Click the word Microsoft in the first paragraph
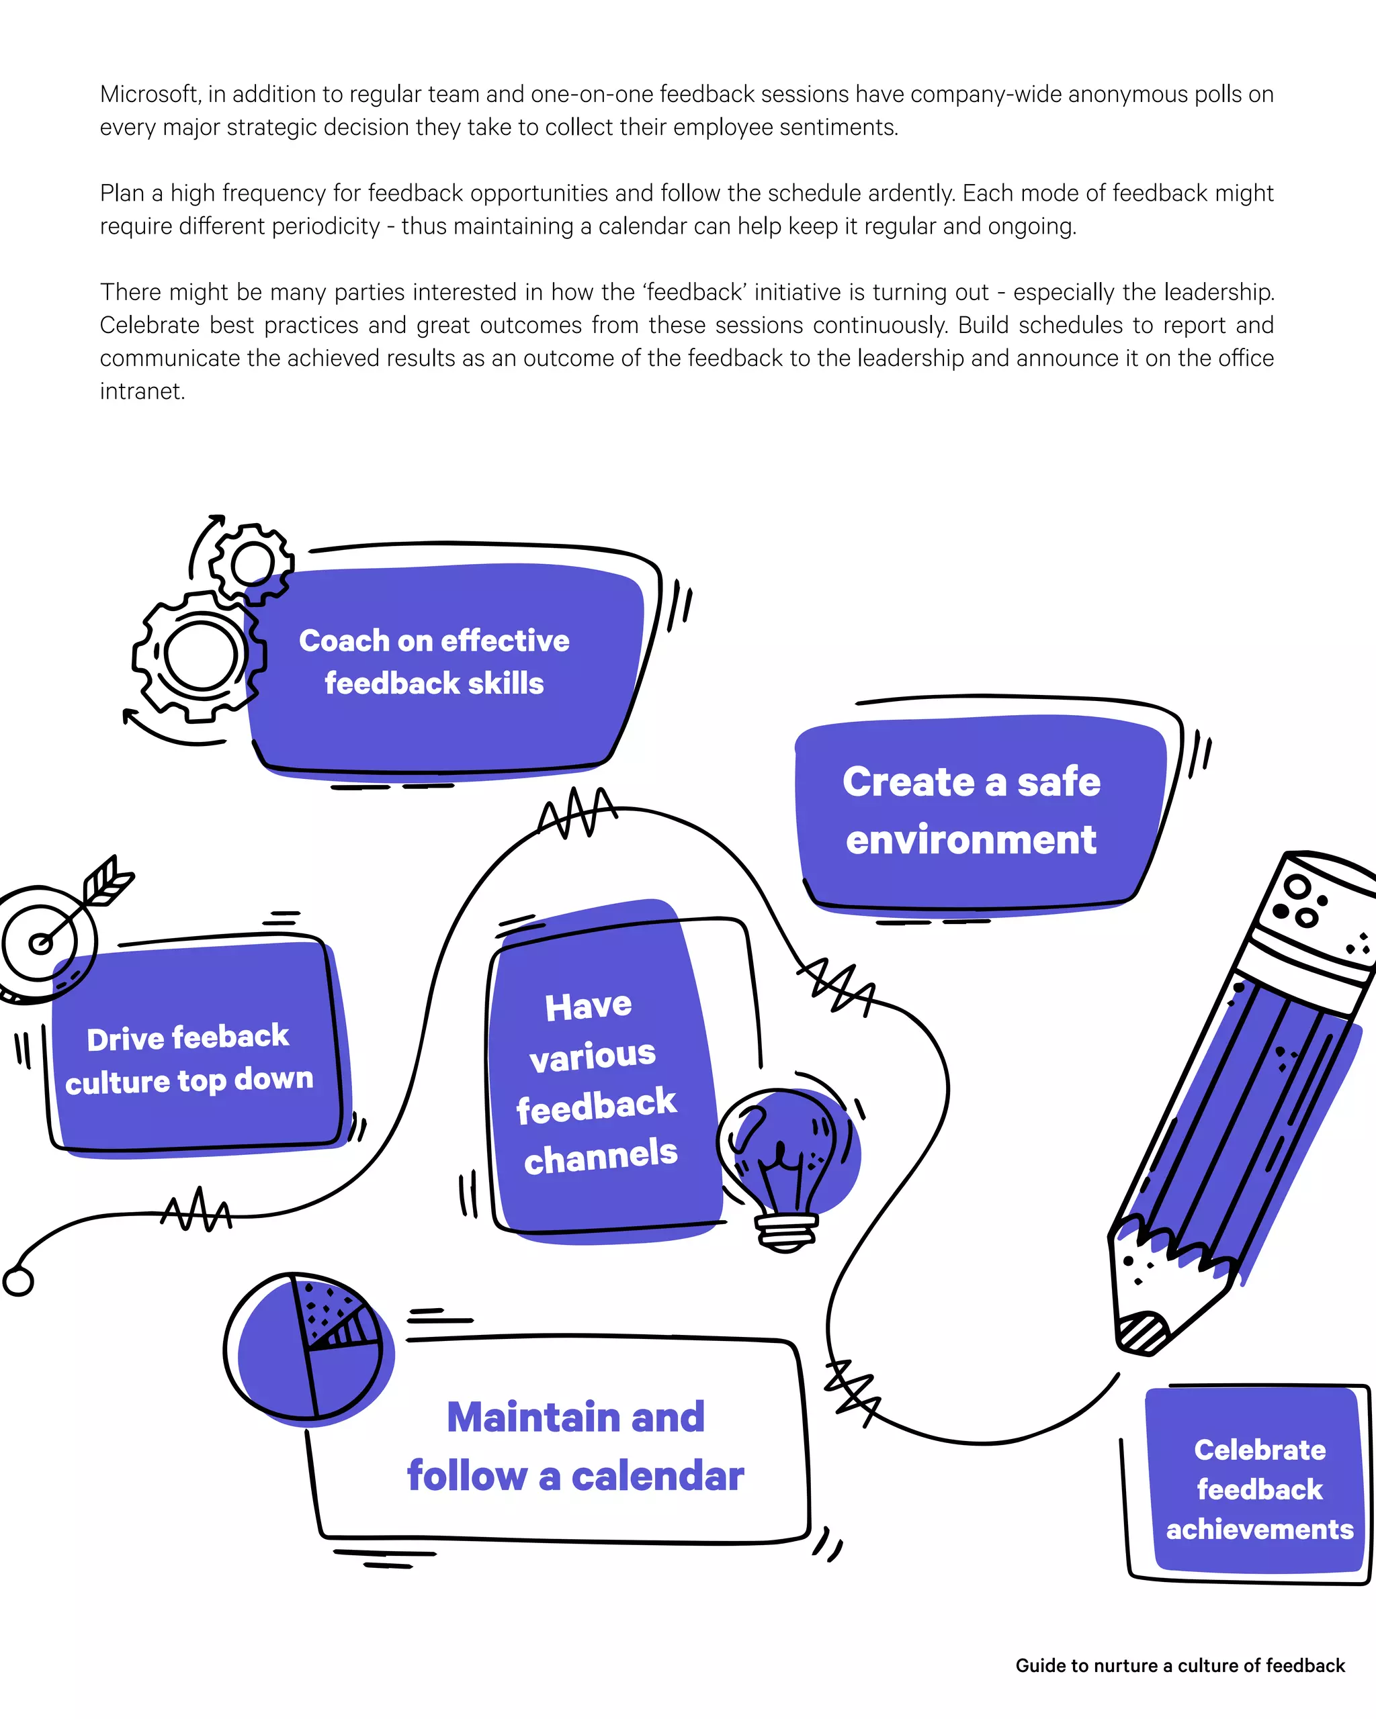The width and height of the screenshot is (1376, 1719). click(149, 94)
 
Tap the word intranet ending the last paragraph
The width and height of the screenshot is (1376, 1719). click(141, 391)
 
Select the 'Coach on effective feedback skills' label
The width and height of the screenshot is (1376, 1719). click(434, 662)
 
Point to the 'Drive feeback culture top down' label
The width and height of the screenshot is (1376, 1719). click(189, 1059)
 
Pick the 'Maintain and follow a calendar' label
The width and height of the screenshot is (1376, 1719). click(575, 1446)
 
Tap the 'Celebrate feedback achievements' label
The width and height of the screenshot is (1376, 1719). click(1260, 1489)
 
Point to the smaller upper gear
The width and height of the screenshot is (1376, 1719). click(252, 563)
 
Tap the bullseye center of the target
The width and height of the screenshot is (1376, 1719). click(40, 944)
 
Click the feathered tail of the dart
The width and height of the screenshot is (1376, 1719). click(107, 882)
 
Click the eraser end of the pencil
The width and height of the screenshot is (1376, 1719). click(1316, 901)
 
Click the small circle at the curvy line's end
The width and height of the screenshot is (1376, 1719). click(17, 1281)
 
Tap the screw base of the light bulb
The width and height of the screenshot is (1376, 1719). click(785, 1232)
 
